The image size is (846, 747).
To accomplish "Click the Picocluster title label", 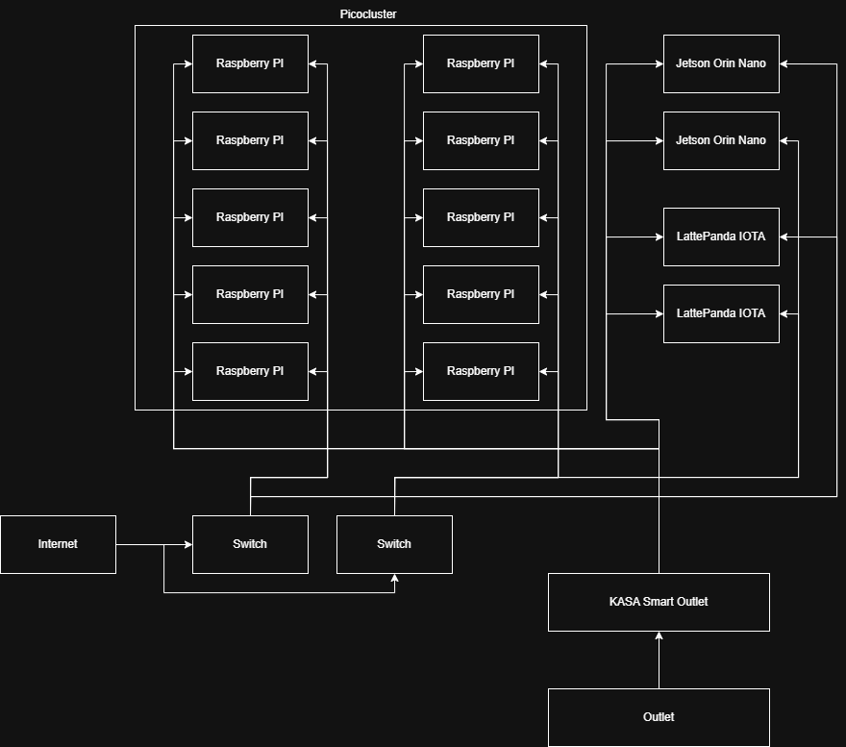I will (367, 14).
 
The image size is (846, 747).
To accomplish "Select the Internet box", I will (58, 544).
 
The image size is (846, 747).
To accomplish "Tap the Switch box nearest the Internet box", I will (250, 544).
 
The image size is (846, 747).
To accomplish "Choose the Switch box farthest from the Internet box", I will (394, 544).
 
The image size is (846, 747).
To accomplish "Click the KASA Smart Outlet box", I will (659, 602).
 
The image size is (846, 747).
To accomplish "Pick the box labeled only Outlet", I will (659, 717).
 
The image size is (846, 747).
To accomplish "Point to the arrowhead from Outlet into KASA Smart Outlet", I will (659, 636).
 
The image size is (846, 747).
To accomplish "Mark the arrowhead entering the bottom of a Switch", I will (394, 579).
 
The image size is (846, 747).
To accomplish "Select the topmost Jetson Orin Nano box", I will (721, 63).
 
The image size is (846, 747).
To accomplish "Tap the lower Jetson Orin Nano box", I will (721, 140).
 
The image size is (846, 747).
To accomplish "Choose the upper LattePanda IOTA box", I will (721, 237).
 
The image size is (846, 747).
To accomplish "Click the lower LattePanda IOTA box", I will (721, 313).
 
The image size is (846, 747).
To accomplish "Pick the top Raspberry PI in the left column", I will (250, 63).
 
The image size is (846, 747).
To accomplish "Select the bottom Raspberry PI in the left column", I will (250, 371).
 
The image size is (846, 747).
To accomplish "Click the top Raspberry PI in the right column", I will (481, 63).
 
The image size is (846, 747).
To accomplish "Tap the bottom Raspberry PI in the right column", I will (481, 371).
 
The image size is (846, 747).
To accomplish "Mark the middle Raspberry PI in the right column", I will (481, 217).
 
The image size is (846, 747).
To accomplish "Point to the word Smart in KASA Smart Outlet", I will (659, 602).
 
